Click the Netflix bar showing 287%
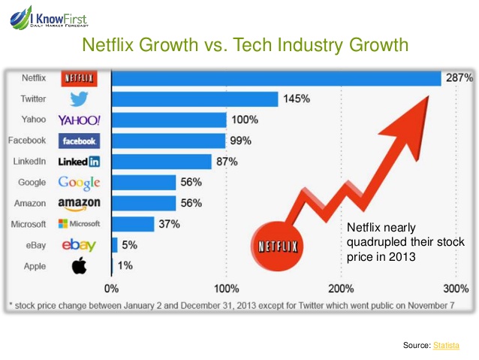point(276,78)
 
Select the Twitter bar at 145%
point(195,99)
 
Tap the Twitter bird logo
point(79,99)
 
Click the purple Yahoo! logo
point(79,120)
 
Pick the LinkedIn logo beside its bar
point(79,162)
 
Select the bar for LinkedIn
point(161,162)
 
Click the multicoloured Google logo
point(79,182)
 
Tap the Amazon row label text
point(30,203)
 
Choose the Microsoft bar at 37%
point(133,224)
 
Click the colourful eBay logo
point(78,245)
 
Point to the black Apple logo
point(78,265)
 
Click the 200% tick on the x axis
point(341,288)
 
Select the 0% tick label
point(111,288)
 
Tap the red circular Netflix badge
point(278,245)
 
